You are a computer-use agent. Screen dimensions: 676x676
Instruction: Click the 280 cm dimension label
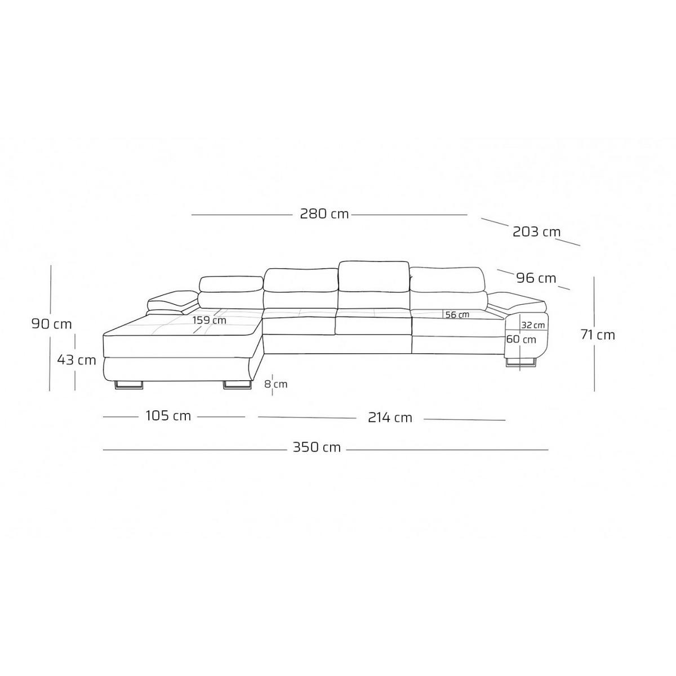(324, 214)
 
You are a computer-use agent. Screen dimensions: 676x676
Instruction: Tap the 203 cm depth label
(536, 232)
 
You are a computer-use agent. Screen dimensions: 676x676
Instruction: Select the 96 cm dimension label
(536, 278)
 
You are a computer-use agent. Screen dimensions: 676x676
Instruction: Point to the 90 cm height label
(52, 323)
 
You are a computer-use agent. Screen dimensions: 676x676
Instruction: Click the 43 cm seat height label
(76, 359)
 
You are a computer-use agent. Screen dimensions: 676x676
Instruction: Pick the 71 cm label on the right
(598, 335)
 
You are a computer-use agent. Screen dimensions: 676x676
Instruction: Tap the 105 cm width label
(168, 416)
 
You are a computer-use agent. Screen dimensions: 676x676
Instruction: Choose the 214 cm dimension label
(390, 417)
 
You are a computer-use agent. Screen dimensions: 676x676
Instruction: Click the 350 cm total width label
(317, 447)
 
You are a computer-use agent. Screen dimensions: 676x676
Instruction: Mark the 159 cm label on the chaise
(209, 320)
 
